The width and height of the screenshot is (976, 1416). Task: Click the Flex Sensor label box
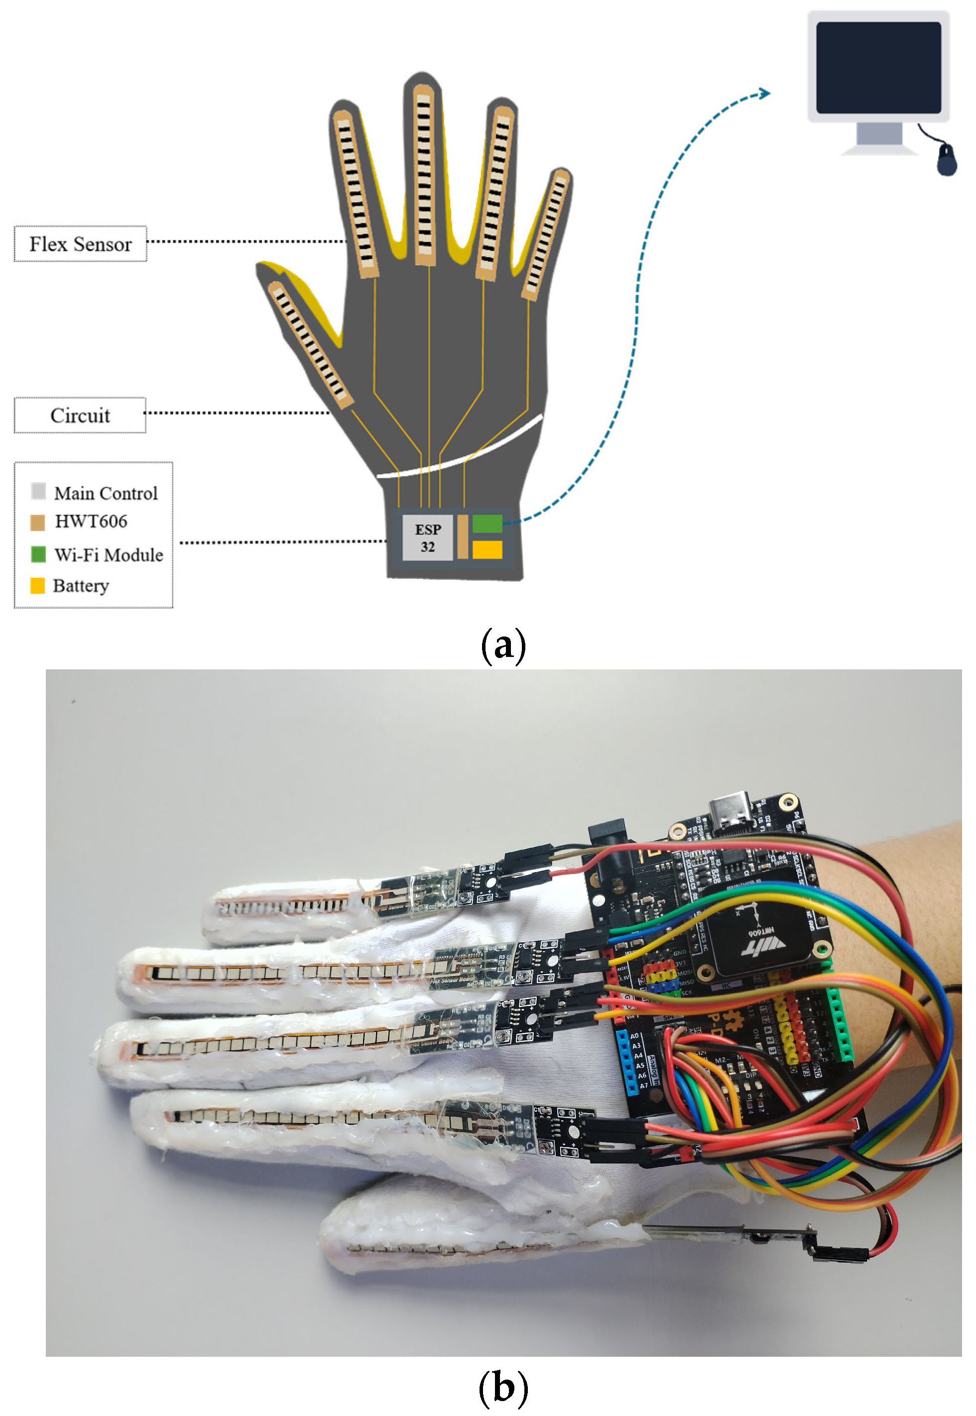point(81,244)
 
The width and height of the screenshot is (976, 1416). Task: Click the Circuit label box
point(80,416)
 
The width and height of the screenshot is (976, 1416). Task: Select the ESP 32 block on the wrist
point(427,537)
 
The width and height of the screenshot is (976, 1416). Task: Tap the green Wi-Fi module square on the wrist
point(488,523)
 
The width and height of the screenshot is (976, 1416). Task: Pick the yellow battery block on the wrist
point(488,549)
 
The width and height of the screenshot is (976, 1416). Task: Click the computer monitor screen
point(878,67)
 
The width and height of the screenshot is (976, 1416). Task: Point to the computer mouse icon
point(947,160)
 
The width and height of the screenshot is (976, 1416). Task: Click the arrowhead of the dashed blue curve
point(764,93)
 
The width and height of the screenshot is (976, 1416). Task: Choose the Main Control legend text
point(106,494)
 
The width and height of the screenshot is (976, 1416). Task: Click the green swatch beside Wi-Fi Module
point(38,555)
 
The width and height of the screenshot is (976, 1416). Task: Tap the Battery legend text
point(81,586)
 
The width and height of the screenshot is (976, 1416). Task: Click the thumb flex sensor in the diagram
point(310,344)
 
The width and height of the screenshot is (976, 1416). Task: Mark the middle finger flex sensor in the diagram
point(424,174)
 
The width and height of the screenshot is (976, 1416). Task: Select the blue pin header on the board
point(627,1063)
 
